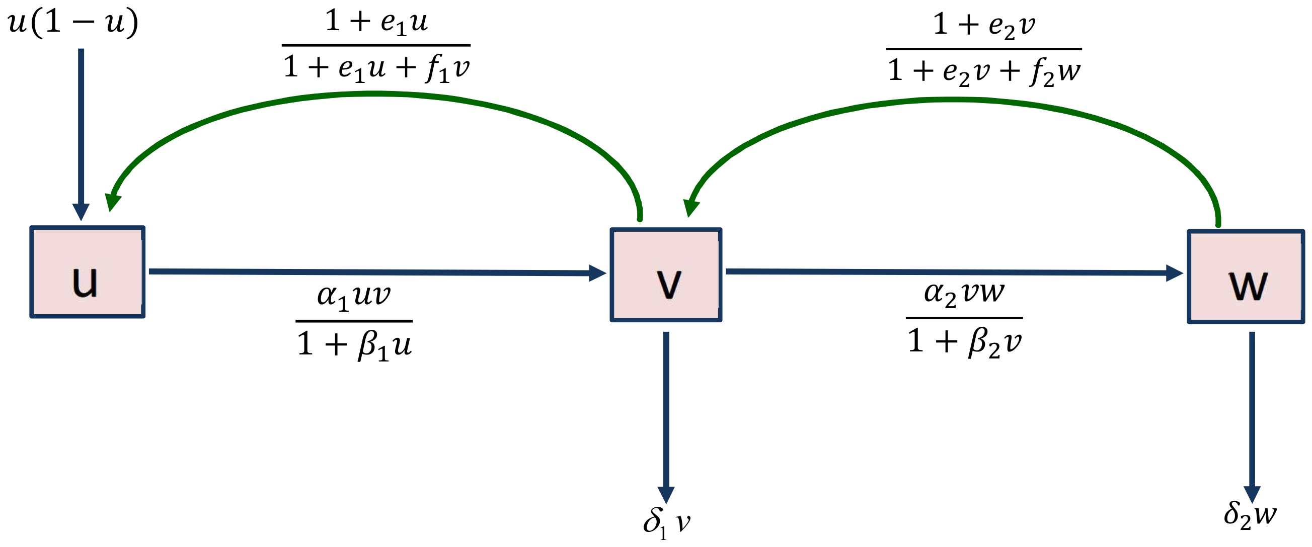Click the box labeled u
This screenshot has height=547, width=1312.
[87, 272]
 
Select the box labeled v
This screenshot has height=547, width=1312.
[666, 275]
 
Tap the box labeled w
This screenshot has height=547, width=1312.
[1246, 277]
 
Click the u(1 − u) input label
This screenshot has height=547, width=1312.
[73, 23]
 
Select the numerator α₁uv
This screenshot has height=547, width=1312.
[353, 295]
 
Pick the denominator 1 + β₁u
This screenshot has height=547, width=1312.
[354, 344]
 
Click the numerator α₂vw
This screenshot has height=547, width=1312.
[964, 293]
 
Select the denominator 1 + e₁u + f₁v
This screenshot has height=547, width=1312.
[376, 68]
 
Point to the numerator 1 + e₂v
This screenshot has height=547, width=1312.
[983, 25]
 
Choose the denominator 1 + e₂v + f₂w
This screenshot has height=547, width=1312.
[983, 71]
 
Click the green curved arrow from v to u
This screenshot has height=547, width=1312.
[374, 94]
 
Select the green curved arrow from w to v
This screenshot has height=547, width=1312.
[953, 100]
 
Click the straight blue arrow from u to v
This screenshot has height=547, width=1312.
[377, 272]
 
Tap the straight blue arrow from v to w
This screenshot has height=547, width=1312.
[953, 272]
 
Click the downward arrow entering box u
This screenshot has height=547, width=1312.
[81, 132]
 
